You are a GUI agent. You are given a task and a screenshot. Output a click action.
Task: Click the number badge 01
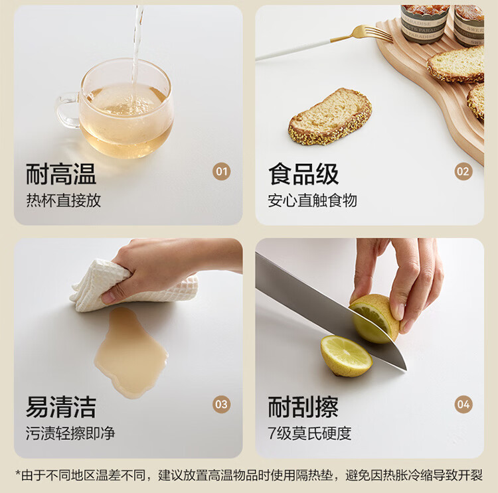click(221, 172)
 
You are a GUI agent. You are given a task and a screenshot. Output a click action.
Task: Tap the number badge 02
click(463, 172)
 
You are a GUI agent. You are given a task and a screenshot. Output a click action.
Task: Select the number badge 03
click(221, 405)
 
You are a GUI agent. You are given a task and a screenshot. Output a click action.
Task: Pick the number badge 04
click(463, 405)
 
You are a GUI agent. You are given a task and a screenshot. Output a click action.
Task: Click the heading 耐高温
click(61, 174)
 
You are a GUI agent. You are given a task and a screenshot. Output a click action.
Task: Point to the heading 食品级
click(303, 174)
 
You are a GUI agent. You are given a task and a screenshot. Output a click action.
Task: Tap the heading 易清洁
click(61, 407)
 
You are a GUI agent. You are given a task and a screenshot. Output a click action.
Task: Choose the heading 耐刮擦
click(303, 407)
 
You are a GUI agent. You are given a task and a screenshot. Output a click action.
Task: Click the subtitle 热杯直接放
click(64, 200)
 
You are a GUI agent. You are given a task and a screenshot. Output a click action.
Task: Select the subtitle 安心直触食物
click(313, 200)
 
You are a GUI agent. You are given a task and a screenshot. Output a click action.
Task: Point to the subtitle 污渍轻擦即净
click(70, 433)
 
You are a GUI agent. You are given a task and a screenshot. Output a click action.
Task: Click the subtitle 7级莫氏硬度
click(309, 433)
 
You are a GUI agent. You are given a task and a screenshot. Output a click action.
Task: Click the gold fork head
click(373, 33)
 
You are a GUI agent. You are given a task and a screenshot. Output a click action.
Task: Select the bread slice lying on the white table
click(329, 117)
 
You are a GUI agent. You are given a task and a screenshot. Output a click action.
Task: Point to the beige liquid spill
click(130, 352)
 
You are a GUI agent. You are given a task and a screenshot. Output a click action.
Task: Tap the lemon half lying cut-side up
click(346, 356)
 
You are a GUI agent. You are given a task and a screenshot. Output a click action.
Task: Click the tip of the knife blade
click(406, 370)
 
